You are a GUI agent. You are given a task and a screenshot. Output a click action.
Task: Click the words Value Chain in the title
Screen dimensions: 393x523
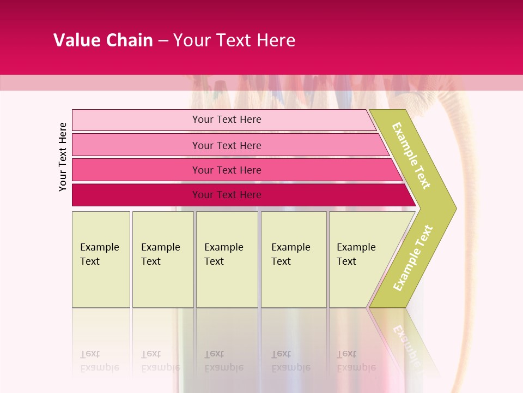pos(103,40)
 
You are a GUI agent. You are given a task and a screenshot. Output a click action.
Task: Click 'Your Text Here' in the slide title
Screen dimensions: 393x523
pos(234,40)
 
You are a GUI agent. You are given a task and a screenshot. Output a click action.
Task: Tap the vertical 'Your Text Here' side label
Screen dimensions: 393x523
pos(63,157)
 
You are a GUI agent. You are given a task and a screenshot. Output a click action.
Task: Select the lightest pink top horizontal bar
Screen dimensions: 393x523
pos(136,120)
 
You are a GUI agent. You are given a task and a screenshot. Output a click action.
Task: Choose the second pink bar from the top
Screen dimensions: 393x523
pos(136,145)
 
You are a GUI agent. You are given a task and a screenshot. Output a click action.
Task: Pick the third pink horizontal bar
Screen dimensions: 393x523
pos(136,170)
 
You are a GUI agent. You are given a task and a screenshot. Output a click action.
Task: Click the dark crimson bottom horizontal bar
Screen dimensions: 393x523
pos(136,195)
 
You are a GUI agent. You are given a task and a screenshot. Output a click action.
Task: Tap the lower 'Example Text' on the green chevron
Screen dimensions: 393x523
pos(413,258)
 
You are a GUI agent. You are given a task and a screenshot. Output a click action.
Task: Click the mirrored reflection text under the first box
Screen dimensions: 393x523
pos(99,361)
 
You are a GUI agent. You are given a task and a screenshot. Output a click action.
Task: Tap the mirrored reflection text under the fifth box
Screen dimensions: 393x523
pos(356,361)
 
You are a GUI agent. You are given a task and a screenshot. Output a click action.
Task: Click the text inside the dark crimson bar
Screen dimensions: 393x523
pos(227,195)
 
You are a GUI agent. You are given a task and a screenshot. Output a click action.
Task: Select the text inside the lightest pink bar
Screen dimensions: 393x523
pos(227,120)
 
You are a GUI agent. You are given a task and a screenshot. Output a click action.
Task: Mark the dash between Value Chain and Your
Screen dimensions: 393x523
pos(163,41)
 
